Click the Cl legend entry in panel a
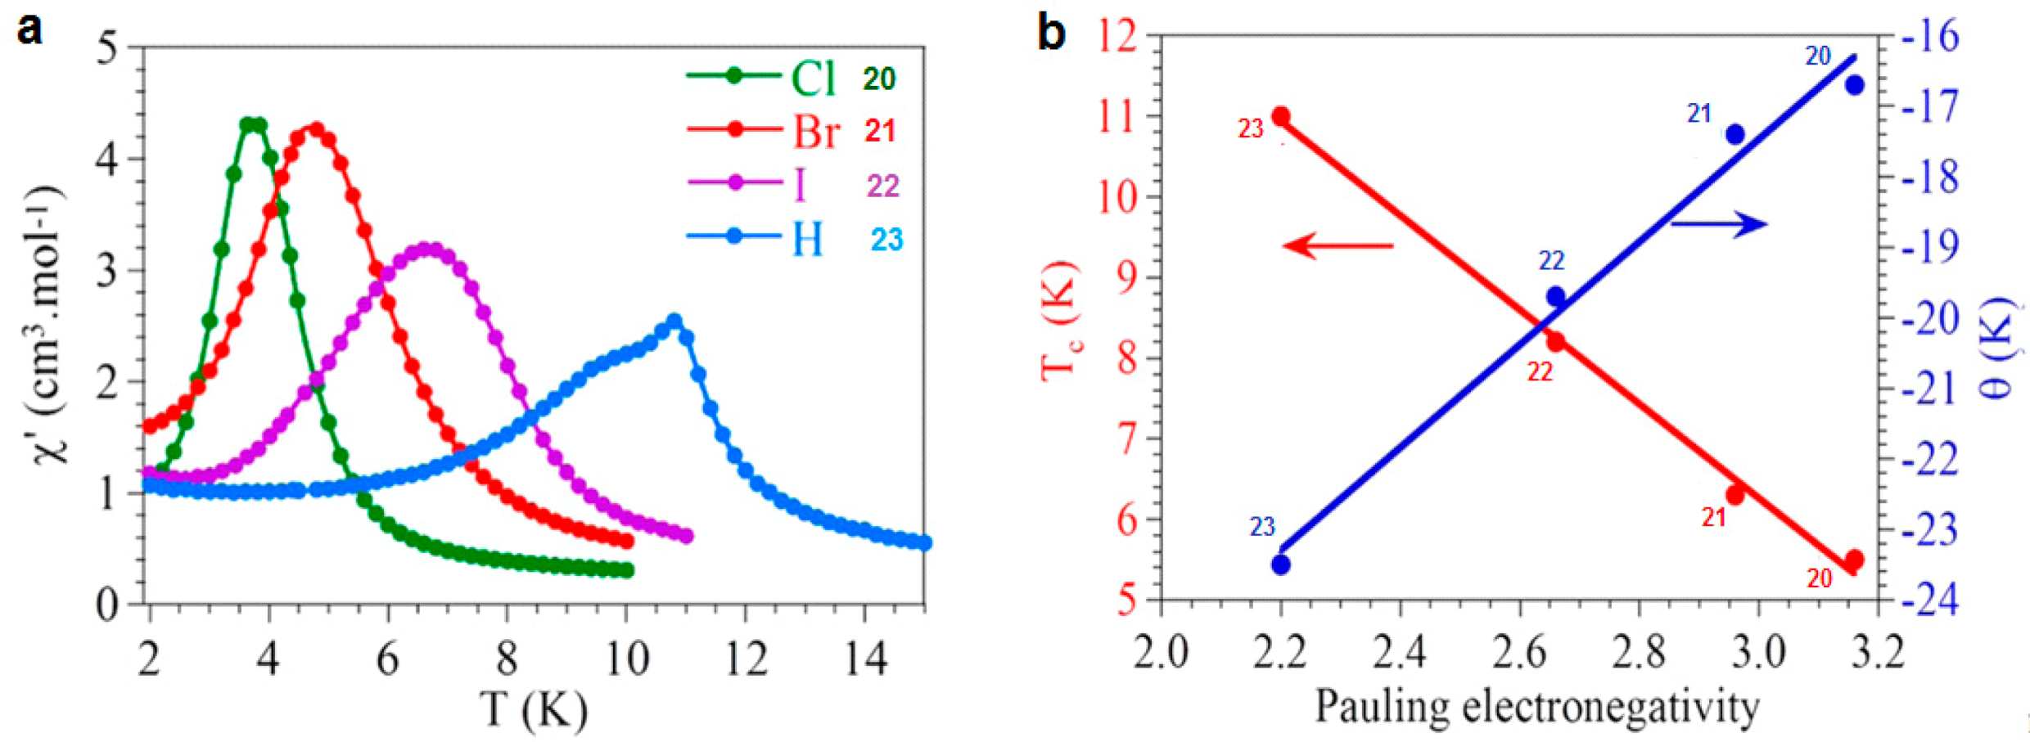[x=812, y=79]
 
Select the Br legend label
[x=815, y=131]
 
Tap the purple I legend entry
[x=800, y=184]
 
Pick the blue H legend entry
[x=807, y=239]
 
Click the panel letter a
[x=29, y=31]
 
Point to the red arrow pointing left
[x=1338, y=245]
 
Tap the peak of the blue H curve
[x=674, y=321]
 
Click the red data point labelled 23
[x=1281, y=117]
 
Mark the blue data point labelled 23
[x=1281, y=564]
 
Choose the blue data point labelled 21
[x=1735, y=134]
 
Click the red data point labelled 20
[x=1854, y=560]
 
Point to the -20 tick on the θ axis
[x=1930, y=319]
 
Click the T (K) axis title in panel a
[x=534, y=709]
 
